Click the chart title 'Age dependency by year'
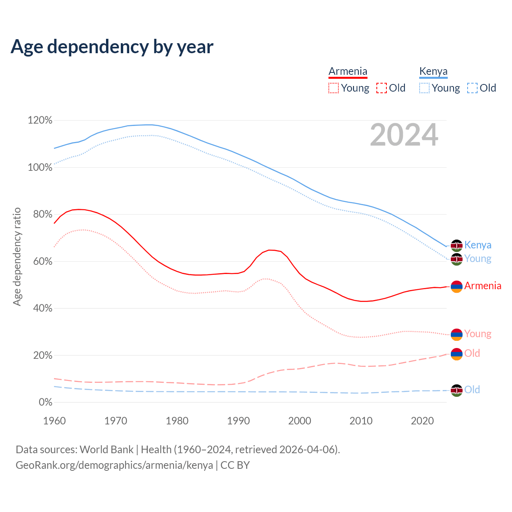pos(112,47)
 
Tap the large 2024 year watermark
pos(404,135)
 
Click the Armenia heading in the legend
pos(348,71)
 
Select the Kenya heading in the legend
pos(433,71)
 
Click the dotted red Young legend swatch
pos(334,88)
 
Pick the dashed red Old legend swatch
pos(382,88)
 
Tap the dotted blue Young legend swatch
pos(424,88)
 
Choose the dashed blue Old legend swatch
pos(472,88)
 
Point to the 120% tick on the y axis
pos(40,120)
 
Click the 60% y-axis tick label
pos(41,262)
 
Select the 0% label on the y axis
pos(45,402)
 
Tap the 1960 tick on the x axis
pos(54,421)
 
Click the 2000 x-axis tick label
pos(300,421)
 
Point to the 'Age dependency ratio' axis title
pos(17,256)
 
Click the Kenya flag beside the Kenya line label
pos(456,246)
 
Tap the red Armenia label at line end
pos(482,286)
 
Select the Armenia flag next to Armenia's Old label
pos(456,354)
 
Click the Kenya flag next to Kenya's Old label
pos(456,390)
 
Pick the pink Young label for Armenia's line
pos(478,334)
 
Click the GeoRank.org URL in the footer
pos(114,465)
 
